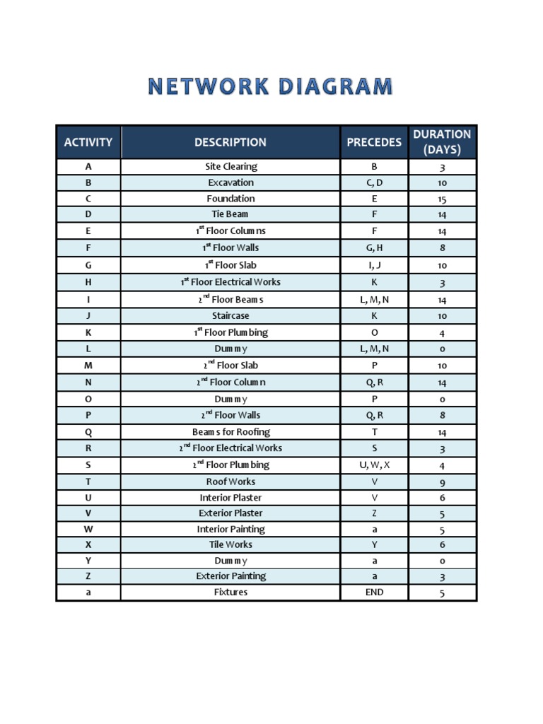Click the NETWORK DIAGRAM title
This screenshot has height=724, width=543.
(271, 88)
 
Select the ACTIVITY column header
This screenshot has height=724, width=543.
(88, 142)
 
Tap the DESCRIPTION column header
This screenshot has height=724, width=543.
(230, 142)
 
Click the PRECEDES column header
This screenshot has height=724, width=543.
(374, 142)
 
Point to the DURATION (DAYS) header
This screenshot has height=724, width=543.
(442, 142)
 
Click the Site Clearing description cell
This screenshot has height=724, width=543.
(230, 167)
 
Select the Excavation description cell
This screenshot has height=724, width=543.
(230, 182)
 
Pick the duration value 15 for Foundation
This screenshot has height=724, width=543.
(442, 199)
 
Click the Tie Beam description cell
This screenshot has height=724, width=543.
(230, 214)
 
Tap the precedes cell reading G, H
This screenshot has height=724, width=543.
(374, 248)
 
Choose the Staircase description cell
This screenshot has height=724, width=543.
(230, 316)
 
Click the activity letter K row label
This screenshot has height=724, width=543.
(88, 332)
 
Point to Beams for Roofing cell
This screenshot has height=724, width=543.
(230, 432)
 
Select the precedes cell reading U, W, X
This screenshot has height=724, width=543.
(374, 465)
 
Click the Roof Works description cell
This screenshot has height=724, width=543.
(230, 481)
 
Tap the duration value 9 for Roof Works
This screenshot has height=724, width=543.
(442, 482)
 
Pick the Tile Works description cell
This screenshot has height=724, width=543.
(230, 545)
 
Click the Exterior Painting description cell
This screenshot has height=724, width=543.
(230, 576)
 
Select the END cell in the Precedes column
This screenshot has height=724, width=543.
(374, 592)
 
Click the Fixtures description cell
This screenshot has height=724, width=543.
(230, 592)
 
